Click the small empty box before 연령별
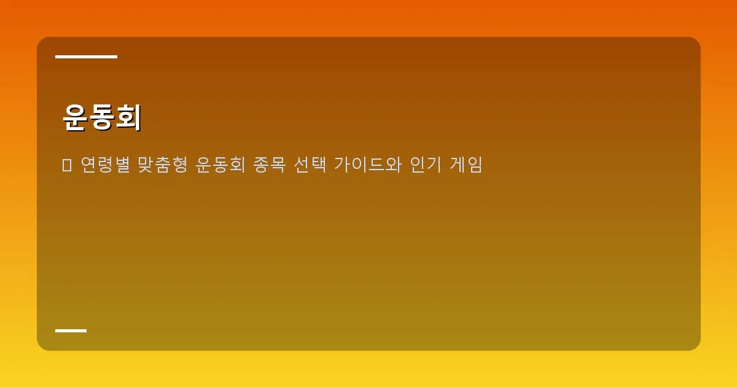tap(67, 165)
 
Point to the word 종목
tap(271, 165)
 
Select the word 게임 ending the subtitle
tap(468, 165)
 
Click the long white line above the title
tap(86, 57)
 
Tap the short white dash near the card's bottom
tap(71, 330)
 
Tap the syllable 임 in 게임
tap(476, 165)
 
